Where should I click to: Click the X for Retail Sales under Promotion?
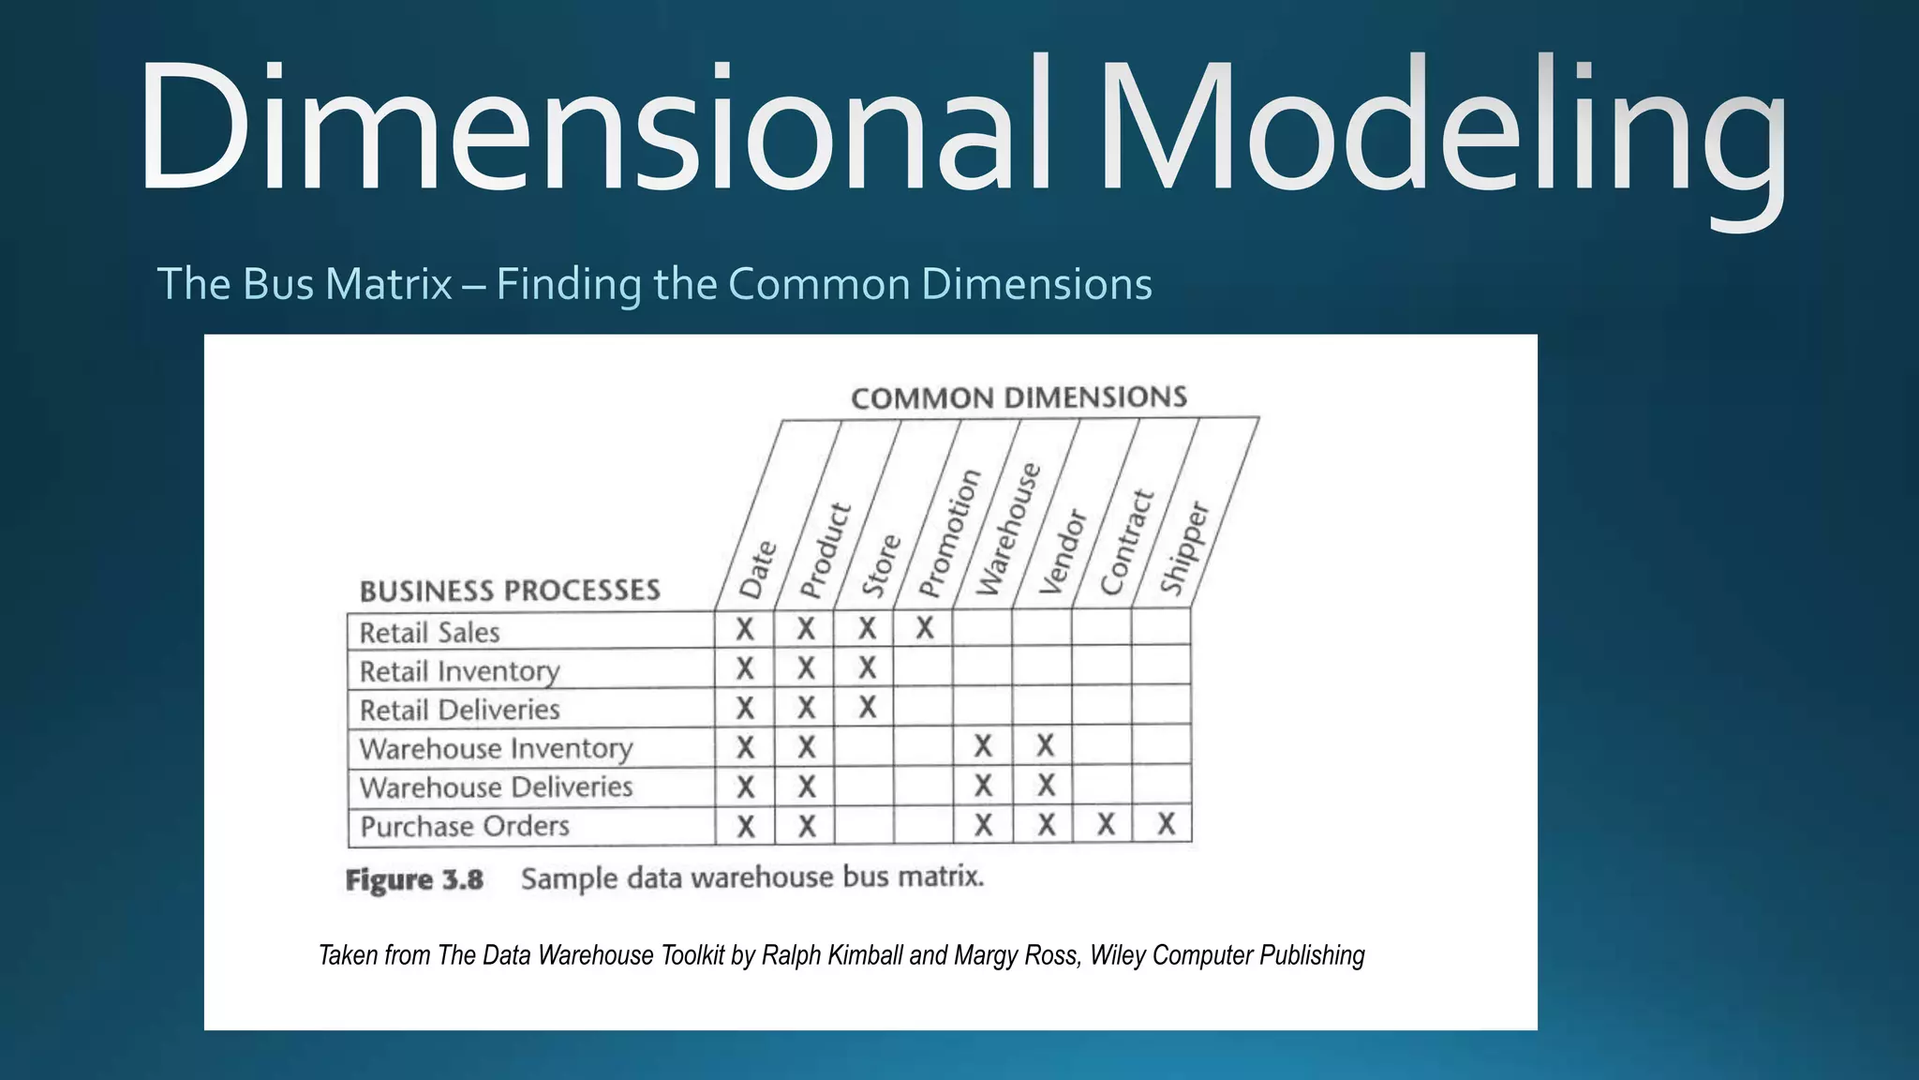click(x=925, y=628)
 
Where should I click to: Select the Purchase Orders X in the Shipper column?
click(x=1166, y=824)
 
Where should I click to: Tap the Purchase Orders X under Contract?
click(x=1107, y=824)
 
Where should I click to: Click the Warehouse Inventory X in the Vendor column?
click(x=1046, y=746)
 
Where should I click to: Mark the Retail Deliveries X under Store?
click(x=868, y=707)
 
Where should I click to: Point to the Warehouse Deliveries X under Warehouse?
click(x=983, y=785)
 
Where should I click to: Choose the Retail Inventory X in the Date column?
click(x=745, y=668)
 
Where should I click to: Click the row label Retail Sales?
click(x=430, y=633)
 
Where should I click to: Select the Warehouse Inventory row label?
click(x=497, y=748)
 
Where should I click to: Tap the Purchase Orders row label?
click(x=465, y=826)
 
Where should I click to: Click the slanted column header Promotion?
click(x=949, y=533)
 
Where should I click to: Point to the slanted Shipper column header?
click(x=1185, y=547)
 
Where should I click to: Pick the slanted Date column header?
click(x=758, y=569)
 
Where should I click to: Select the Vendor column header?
click(x=1064, y=552)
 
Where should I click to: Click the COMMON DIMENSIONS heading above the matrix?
click(x=1019, y=397)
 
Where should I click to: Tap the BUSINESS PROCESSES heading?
click(x=510, y=591)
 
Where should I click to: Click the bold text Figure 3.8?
click(x=414, y=880)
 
